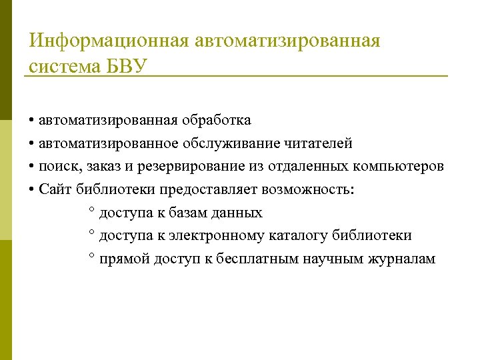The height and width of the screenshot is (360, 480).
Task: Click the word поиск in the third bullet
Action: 59,167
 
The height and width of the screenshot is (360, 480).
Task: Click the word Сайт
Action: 55,189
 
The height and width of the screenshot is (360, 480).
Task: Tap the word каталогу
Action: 295,235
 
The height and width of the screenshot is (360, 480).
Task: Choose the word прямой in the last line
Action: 122,259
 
